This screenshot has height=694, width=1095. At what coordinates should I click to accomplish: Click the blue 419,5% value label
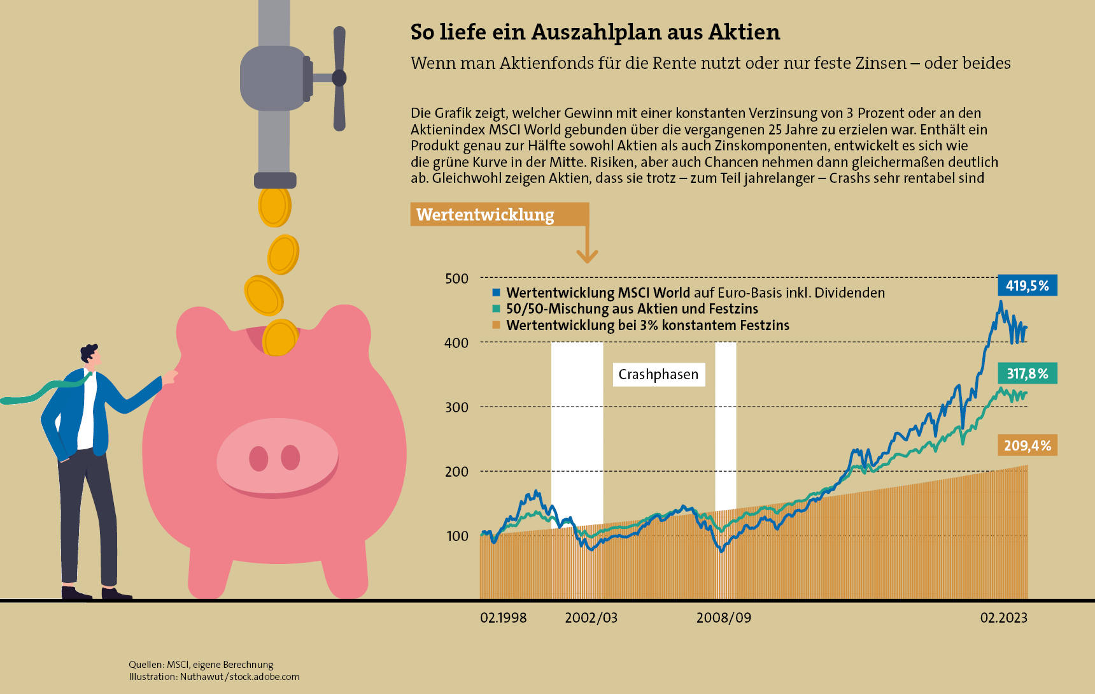coord(1027,286)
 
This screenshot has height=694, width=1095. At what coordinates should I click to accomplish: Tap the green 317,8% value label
coord(1027,373)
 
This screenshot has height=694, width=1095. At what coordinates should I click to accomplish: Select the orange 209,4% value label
coord(1027,445)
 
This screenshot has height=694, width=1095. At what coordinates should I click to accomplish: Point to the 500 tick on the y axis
coord(456,278)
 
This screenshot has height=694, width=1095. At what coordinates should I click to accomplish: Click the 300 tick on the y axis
coord(456,407)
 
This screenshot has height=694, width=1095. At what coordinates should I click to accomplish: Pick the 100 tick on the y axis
coord(457,536)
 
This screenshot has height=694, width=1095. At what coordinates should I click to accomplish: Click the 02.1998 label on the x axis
coord(503,618)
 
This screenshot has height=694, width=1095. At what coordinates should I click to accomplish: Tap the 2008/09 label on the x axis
coord(723,618)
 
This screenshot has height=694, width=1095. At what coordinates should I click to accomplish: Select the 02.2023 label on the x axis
coord(1003,618)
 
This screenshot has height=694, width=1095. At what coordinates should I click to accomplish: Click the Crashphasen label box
coord(658,374)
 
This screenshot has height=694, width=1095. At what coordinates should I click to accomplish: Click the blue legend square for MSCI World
coord(497,293)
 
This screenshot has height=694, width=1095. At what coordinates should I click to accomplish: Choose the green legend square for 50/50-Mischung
coord(497,308)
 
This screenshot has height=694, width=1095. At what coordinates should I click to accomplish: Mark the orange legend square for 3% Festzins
coord(497,325)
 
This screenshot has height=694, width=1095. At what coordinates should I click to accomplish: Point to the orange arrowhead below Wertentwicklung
coord(587,256)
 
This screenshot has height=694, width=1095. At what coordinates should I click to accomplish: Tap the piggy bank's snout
coord(277,458)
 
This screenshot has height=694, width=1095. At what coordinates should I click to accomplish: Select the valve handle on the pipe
coord(339,78)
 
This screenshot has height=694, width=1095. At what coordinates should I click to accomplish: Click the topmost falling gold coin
coord(274,206)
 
